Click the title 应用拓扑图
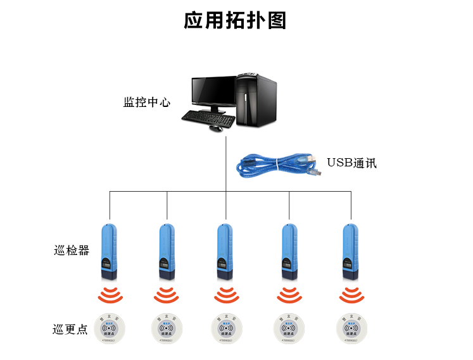pos(235,21)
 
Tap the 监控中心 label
pos(147,101)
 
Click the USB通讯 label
pos(351,163)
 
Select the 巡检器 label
pos(72,250)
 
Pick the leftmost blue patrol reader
pos(108,251)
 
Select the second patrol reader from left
pos(167,251)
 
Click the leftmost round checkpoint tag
pos(109,328)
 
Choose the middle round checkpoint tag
pos(226,328)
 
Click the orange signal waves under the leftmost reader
pos(110,295)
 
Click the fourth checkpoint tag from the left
pos(289,328)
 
